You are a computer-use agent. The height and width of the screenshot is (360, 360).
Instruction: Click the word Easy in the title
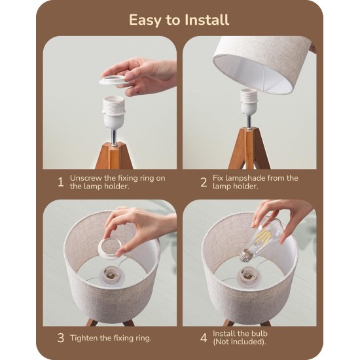[x=145, y=20]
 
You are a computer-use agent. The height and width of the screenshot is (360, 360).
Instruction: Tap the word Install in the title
[x=207, y=20]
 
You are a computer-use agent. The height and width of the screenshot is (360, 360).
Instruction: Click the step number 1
[x=60, y=182]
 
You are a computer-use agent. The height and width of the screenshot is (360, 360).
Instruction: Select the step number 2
[x=204, y=182]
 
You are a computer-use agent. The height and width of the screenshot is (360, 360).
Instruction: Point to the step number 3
[x=61, y=338]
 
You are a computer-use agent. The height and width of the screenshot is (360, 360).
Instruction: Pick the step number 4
[x=204, y=338]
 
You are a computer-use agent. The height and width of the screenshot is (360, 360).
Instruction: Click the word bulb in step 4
[x=259, y=333]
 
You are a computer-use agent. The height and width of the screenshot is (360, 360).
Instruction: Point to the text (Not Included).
[x=239, y=342]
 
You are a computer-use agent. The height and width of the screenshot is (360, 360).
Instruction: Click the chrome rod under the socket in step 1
[x=114, y=137]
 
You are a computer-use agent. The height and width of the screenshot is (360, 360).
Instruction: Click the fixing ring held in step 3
[x=111, y=247]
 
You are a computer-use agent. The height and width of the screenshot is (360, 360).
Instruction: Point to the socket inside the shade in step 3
[x=112, y=274]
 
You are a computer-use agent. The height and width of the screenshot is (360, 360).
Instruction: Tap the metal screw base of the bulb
[x=245, y=256]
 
